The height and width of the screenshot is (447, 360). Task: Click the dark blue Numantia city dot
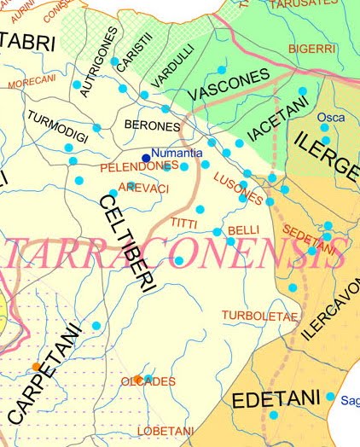click(146, 158)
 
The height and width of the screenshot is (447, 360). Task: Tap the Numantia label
click(177, 153)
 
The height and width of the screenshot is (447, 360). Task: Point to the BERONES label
click(152, 125)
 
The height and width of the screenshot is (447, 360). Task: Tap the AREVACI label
click(137, 187)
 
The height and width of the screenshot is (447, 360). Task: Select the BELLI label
click(244, 230)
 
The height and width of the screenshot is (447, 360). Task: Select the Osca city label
click(331, 117)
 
